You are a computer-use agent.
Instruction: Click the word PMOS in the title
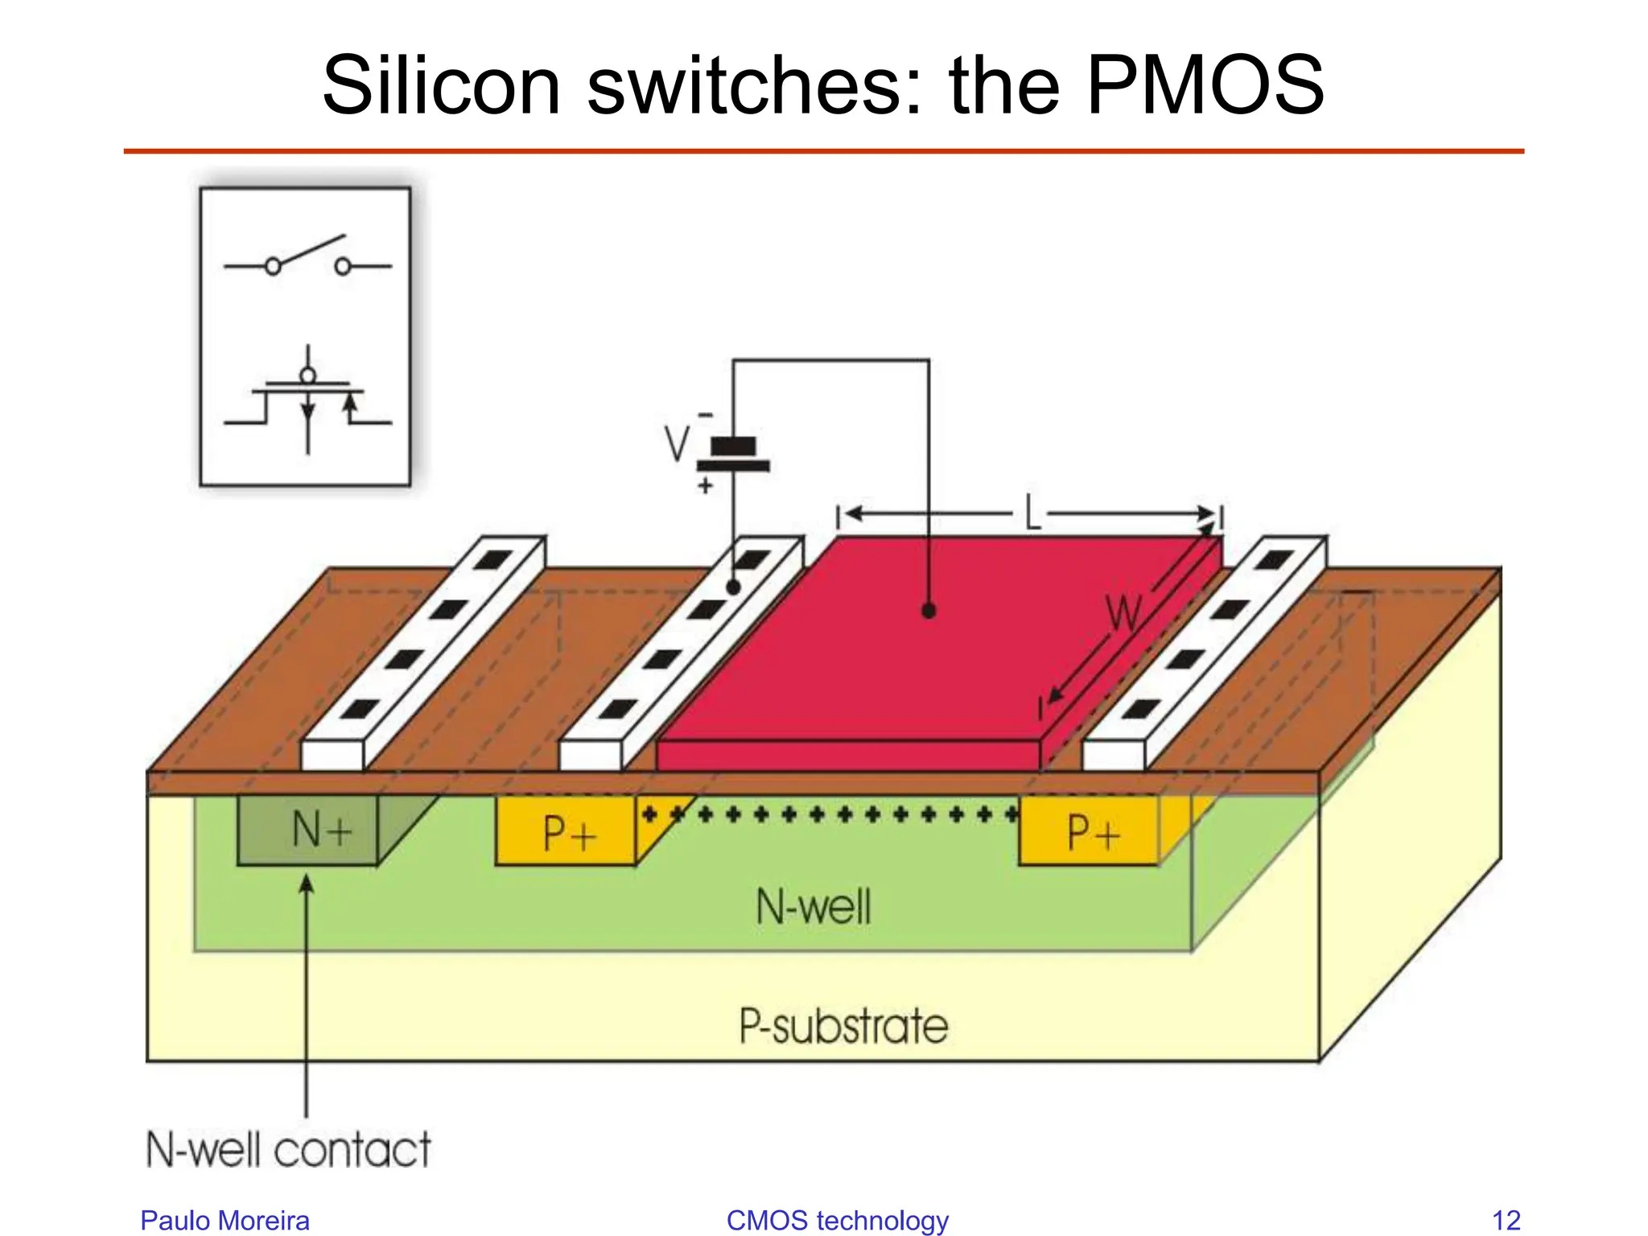click(1205, 85)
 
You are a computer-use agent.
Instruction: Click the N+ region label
click(321, 830)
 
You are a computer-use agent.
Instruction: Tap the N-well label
click(813, 907)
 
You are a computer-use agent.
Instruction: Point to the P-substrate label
click(843, 1026)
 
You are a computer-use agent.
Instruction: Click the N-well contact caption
click(288, 1148)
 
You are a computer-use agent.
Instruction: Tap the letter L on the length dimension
click(1032, 513)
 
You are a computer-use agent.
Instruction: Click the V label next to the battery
click(677, 443)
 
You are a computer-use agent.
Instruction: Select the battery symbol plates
click(733, 455)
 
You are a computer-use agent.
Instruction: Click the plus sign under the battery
click(705, 486)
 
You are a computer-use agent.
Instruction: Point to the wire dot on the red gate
click(929, 612)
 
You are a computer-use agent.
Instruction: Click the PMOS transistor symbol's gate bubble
click(307, 375)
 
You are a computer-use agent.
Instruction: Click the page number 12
click(1506, 1220)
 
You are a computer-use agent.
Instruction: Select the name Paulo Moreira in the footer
click(225, 1220)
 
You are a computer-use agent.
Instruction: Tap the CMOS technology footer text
click(837, 1220)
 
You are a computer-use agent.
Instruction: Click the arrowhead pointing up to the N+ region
click(307, 884)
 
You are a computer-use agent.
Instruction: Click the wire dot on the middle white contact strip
click(733, 587)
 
